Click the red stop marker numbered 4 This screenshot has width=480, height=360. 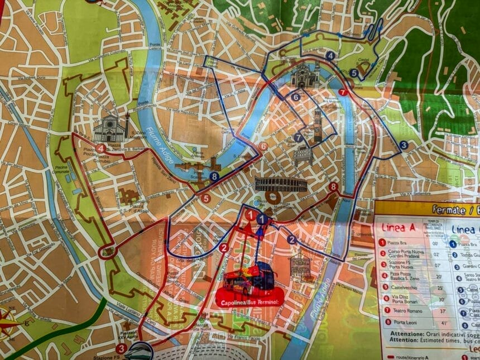(100, 148)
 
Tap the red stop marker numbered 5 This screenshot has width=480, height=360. (205, 198)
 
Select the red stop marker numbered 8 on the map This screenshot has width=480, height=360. (334, 187)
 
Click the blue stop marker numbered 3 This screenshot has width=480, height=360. (404, 145)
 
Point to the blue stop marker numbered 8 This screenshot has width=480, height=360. (215, 177)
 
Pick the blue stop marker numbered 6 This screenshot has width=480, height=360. (296, 97)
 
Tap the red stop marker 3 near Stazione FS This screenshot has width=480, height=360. (121, 348)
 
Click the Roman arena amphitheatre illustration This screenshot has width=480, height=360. (281, 185)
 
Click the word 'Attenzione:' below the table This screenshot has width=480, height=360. (397, 334)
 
